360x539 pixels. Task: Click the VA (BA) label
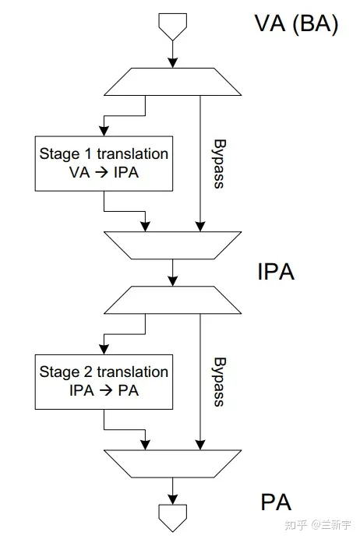pos(296,24)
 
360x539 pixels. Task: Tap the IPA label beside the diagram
pos(276,272)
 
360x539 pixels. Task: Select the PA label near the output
pos(276,502)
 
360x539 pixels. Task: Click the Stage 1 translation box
pos(104,164)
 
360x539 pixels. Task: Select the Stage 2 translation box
pos(104,382)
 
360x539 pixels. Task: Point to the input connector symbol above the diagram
pos(173,26)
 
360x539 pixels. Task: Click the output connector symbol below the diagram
pos(173,518)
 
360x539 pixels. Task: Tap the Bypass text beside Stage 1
pos(219,164)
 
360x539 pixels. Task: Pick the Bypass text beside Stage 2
pos(219,382)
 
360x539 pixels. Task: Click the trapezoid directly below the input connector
pos(173,82)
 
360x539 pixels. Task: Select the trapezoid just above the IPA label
pos(173,245)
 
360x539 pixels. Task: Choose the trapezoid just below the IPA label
pos(173,300)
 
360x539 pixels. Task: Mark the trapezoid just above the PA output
pos(173,463)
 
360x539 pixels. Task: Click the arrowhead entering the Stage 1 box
pos(104,131)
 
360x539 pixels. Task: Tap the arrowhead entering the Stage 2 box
pos(104,349)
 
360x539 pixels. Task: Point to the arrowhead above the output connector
pos(173,499)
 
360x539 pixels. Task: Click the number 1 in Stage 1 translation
pos(89,153)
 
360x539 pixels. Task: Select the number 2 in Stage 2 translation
pos(88,372)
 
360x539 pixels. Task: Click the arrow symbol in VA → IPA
pos(101,172)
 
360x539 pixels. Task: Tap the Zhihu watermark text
pos(317,524)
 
